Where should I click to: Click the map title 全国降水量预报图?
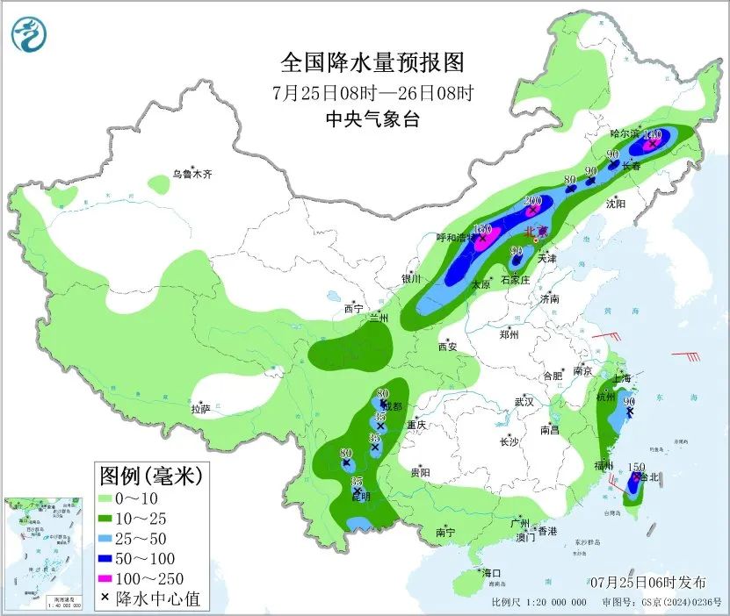[372, 63]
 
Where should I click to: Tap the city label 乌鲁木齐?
[192, 175]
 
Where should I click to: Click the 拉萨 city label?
[200, 408]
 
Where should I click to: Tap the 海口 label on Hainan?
[492, 573]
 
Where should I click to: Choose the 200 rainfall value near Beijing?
[532, 201]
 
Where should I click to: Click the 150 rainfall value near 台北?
[637, 467]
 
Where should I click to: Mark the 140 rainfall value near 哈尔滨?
[652, 135]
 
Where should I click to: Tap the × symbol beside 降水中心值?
[105, 598]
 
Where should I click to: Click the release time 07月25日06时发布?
[647, 582]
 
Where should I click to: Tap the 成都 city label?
[392, 406]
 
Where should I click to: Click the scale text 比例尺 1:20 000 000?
[538, 603]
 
